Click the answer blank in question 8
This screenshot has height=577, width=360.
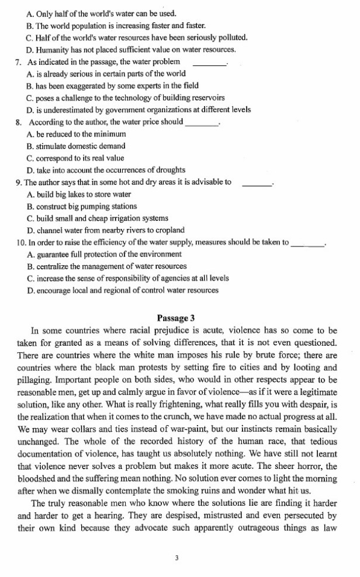click(201, 122)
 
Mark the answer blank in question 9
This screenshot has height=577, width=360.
click(257, 182)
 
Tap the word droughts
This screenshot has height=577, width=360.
click(168, 169)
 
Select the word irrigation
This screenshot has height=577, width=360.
click(128, 218)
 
